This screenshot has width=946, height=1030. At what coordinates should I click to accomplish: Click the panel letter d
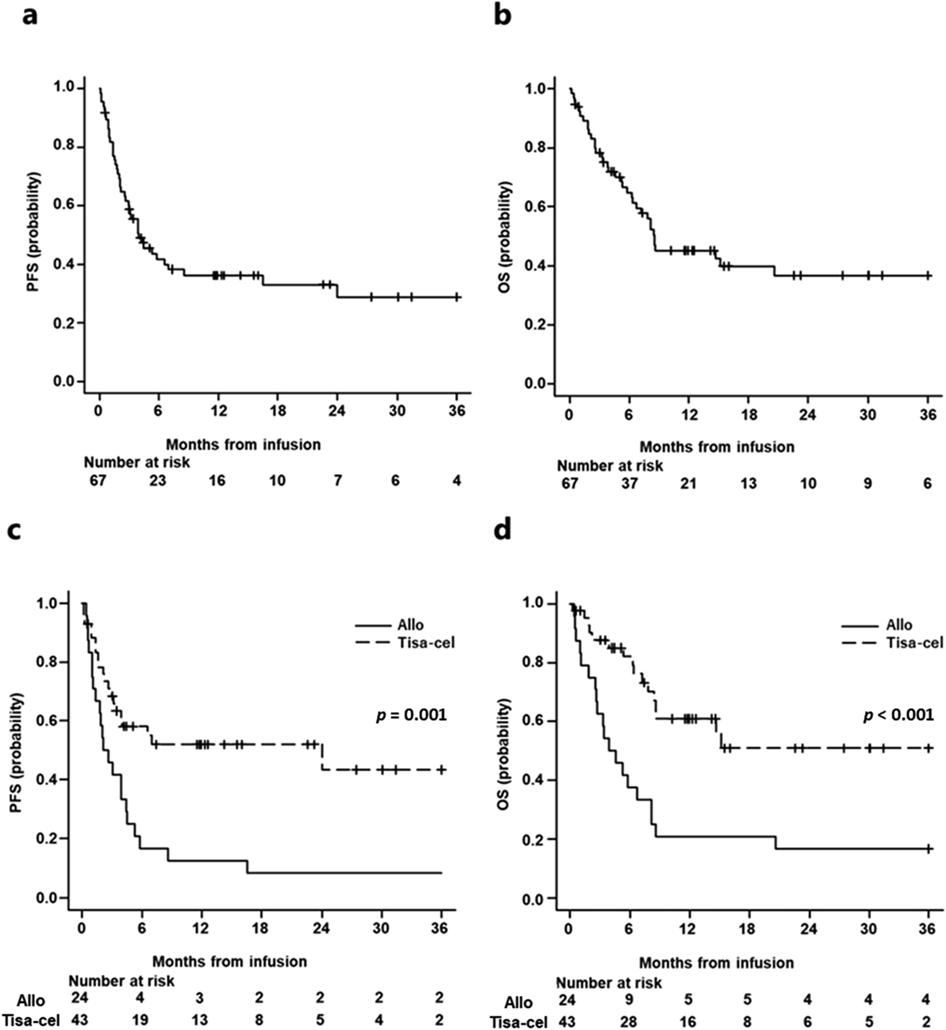(502, 531)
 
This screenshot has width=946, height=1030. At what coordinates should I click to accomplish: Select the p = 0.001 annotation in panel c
(411, 715)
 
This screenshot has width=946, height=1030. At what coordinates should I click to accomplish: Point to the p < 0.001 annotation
(899, 715)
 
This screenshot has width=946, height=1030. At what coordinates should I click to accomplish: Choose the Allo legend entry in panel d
(899, 625)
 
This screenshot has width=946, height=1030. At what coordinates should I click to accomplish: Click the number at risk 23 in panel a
(157, 481)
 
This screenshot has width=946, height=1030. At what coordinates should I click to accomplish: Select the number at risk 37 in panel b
(629, 483)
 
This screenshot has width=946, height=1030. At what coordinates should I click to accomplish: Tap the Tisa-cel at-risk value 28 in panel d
(629, 1021)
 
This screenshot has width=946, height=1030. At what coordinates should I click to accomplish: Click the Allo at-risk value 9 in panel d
(629, 999)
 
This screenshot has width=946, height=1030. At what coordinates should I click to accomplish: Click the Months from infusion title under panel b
(717, 447)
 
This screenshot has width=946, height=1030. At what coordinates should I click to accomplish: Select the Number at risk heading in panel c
(121, 981)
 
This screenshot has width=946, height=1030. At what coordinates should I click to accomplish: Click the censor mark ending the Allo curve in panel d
(928, 848)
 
